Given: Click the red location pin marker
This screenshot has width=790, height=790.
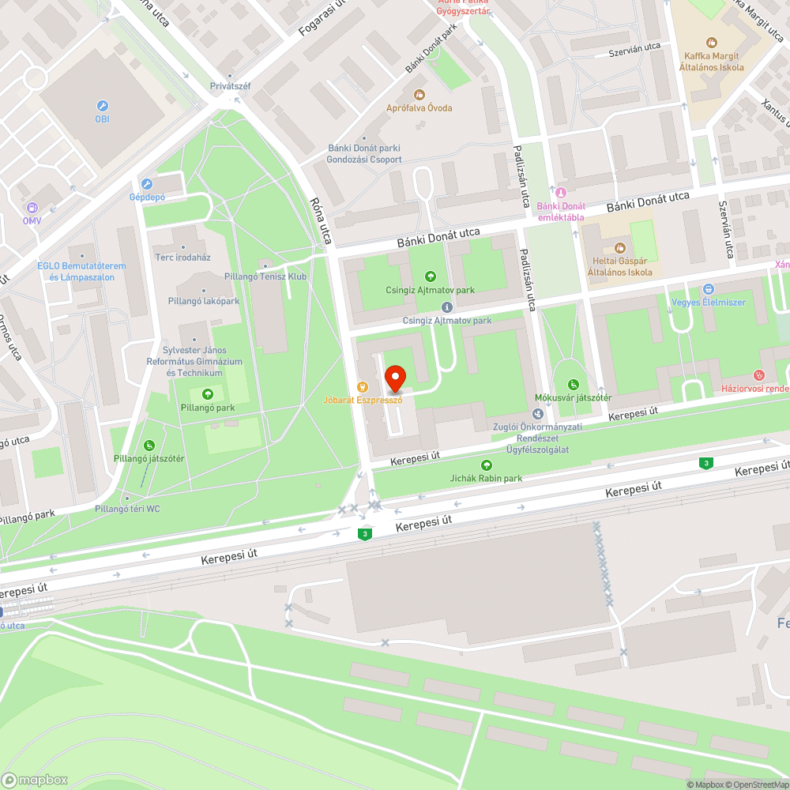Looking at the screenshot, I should coord(394,379).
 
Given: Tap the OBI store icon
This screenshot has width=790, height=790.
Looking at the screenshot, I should coord(102,106).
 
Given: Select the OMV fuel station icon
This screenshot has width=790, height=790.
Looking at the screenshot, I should coord(32,208).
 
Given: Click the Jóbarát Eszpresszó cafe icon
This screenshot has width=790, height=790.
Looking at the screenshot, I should coord(363,387).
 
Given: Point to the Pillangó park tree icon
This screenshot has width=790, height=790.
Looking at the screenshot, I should coord(207,394).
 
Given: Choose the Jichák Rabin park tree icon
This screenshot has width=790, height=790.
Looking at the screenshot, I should coord(485,465).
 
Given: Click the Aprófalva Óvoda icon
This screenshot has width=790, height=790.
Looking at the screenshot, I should coord(419,95).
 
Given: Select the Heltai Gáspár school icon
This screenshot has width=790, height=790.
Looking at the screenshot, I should coord(620,248).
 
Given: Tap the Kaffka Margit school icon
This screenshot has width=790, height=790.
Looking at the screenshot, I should coord(711,43).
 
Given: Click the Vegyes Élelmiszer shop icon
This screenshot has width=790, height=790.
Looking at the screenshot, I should coord(708,289).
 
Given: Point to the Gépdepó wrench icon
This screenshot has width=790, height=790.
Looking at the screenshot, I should coord(146,183).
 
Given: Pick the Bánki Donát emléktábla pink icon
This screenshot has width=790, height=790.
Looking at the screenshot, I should coord(560,193).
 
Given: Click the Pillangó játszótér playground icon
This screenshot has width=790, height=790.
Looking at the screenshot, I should coord(149,446).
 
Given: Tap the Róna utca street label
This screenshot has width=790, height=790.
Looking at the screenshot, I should coord(322,220).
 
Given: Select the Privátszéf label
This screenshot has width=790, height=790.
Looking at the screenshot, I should coord(230,86).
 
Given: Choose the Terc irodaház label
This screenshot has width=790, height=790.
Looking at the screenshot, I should coord(182,258).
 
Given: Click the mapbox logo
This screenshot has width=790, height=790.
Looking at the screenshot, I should coord(36,780).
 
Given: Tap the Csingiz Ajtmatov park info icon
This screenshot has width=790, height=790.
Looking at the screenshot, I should coord(447,307).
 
